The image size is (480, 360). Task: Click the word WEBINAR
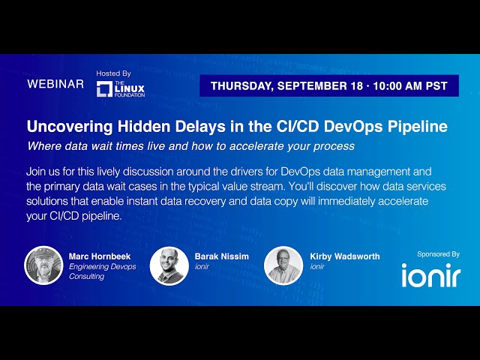[55, 84]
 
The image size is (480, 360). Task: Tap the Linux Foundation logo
[120, 89]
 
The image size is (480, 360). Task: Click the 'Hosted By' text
[113, 73]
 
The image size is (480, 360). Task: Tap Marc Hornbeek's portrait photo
[43, 265]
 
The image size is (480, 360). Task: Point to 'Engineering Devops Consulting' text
[102, 271]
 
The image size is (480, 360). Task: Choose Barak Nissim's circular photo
[169, 265]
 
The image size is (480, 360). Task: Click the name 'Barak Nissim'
[221, 256]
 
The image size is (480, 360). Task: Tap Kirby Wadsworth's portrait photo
[283, 265]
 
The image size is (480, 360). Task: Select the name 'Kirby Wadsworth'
[345, 256]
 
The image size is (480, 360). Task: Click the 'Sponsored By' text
[439, 254]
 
